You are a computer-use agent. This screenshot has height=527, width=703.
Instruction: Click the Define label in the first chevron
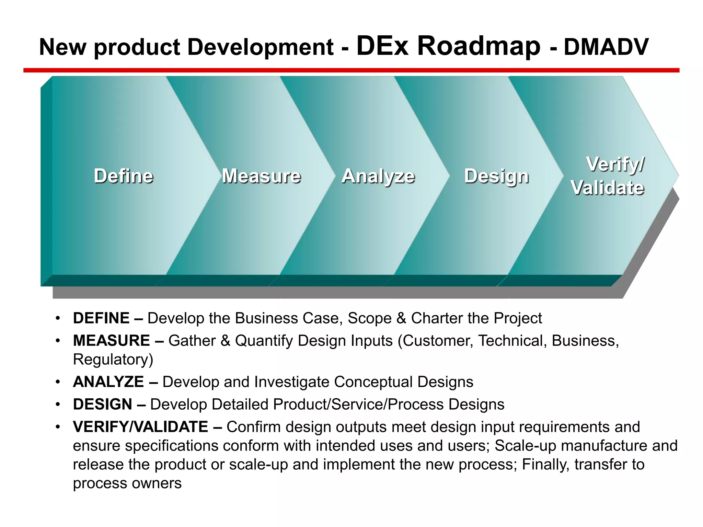coord(124,176)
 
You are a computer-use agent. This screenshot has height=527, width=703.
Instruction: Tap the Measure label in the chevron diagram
coord(261,176)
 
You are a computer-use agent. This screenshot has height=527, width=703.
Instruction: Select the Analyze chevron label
coord(378,176)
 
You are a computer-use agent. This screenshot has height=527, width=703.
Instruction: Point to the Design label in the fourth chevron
coord(496,176)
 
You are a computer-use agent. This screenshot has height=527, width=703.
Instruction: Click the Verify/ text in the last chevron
coord(615,164)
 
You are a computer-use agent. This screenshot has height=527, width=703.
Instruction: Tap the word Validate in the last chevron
coord(608,188)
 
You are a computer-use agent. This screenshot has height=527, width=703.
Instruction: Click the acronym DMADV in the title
coord(606,47)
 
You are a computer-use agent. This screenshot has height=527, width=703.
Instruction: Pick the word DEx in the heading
coord(382,46)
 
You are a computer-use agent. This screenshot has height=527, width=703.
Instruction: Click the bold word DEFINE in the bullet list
coord(101,318)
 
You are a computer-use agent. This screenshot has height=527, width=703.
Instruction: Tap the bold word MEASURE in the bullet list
coord(112,341)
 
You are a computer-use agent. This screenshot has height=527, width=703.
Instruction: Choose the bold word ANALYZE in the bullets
coord(108,382)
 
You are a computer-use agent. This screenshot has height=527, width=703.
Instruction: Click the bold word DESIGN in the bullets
coord(103,404)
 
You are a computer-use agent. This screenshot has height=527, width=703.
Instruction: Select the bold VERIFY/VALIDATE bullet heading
coord(140,427)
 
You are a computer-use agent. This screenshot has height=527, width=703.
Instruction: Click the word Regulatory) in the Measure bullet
coord(113,360)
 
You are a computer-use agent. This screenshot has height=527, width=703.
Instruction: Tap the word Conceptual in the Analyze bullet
coord(373,382)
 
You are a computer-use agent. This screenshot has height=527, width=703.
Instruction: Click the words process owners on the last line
coord(127,483)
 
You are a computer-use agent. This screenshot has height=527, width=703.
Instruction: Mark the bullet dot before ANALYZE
coord(58,382)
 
